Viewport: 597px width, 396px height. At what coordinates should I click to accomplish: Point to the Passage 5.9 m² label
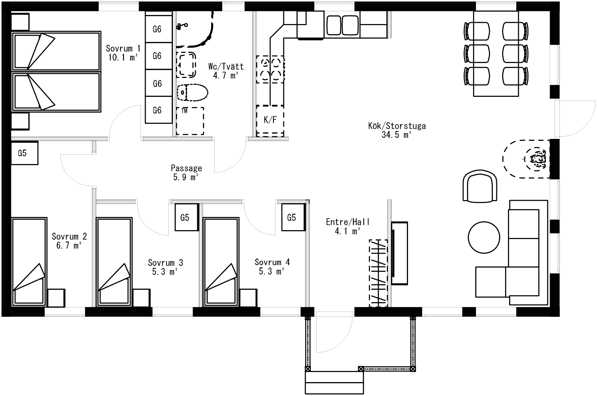pos(186,173)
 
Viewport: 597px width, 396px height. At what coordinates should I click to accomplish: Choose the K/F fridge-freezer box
pos(270,121)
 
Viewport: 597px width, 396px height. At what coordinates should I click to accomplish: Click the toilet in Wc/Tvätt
pos(192,93)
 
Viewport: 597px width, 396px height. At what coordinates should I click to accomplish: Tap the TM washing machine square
pos(190,121)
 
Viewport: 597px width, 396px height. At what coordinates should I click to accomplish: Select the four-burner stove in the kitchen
pos(270,69)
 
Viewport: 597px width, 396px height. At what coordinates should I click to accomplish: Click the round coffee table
pos(484,237)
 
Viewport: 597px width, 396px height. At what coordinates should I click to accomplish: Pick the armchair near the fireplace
pos(480,186)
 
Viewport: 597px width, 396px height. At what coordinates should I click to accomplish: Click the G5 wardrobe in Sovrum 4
pos(293,217)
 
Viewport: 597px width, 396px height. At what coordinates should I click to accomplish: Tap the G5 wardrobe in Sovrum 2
pos(24,153)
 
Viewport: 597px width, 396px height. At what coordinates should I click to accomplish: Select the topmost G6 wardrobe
pos(159,29)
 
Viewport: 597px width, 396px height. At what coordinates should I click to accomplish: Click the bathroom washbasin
pos(186,65)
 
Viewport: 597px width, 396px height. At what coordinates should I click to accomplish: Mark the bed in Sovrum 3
pos(114,262)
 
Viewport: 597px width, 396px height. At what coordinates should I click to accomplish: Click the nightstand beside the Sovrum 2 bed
pos(56,298)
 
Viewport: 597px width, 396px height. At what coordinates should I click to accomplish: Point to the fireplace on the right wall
pos(526,159)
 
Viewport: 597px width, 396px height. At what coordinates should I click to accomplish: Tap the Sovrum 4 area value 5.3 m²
pos(272,271)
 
